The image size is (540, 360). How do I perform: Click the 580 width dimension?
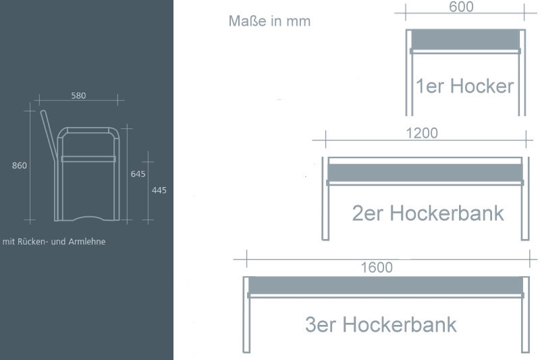tap(78, 95)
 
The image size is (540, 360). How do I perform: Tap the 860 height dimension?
tap(20, 165)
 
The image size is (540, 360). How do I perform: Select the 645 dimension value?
tap(138, 174)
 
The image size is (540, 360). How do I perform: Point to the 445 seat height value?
tap(159, 190)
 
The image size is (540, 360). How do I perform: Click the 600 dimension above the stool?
tap(461, 7)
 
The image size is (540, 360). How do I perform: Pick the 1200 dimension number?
tap(422, 133)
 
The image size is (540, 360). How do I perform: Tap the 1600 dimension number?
tap(377, 267)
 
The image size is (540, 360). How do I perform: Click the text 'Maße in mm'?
tap(269, 21)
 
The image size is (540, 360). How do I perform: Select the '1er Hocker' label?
tap(465, 86)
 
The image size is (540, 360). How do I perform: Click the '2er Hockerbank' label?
tap(428, 213)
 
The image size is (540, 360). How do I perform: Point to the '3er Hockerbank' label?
tap(381, 324)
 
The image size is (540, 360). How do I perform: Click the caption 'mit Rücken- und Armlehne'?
tap(54, 242)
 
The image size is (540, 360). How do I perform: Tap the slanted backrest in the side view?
tap(49, 135)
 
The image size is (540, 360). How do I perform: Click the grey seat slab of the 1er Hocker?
tap(465, 40)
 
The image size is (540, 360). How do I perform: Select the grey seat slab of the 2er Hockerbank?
tap(425, 172)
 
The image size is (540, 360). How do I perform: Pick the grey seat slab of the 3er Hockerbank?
tap(385, 285)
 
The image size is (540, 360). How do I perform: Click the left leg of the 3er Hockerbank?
tap(246, 315)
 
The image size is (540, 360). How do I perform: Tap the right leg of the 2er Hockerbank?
tap(525, 199)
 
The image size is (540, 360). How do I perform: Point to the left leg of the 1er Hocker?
tap(409, 73)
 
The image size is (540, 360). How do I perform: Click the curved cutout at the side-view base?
tap(88, 217)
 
